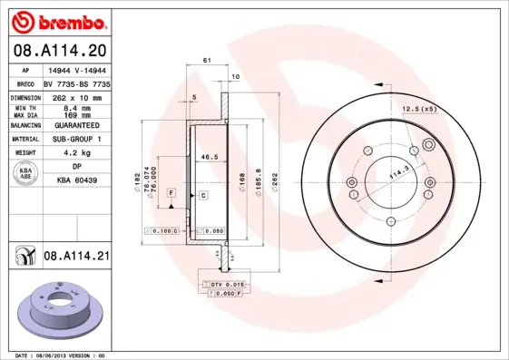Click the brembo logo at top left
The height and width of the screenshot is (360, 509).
pyautogui.click(x=61, y=19)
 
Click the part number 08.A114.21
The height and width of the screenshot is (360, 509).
pyautogui.click(x=76, y=257)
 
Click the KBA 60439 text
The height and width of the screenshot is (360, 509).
pyautogui.click(x=79, y=181)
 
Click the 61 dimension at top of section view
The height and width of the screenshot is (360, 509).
pyautogui.click(x=207, y=60)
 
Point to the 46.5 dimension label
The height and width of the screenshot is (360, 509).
pyautogui.click(x=211, y=157)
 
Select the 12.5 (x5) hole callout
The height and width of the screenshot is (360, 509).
pyautogui.click(x=419, y=109)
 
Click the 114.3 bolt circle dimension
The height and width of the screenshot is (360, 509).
pyautogui.click(x=396, y=171)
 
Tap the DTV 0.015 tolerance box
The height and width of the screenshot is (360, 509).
pyautogui.click(x=221, y=286)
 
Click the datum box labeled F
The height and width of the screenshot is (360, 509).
pyautogui.click(x=171, y=195)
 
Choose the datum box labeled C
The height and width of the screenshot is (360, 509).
pyautogui.click(x=203, y=195)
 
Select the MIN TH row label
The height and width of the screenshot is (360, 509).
pyautogui.click(x=24, y=107)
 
